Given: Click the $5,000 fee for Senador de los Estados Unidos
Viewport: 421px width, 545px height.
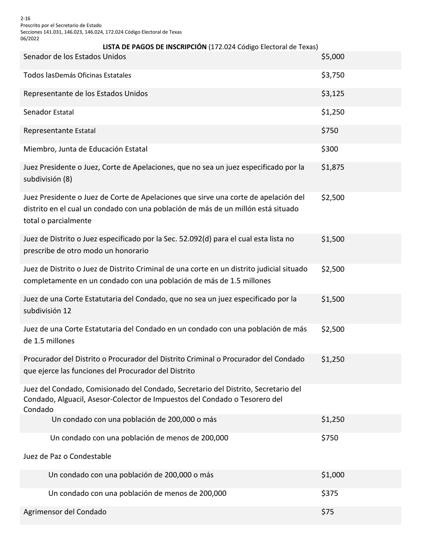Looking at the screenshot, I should coord(333,57).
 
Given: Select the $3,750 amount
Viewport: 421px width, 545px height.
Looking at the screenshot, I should coord(333,75).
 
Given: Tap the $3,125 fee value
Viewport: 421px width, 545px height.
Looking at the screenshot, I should coord(333,93).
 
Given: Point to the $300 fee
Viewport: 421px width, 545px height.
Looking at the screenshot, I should coord(330,149).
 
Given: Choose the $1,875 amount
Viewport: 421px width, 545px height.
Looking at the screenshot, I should coord(333,167).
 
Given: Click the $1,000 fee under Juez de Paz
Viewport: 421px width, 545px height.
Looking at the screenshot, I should coord(333,475).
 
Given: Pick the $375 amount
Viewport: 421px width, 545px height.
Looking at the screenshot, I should coord(330,493).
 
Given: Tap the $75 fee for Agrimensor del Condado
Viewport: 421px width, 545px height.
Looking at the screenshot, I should coord(328,512).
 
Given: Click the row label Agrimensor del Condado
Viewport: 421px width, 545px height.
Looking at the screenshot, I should coord(65,512).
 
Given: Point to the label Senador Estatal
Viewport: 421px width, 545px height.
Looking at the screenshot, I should coord(49,112).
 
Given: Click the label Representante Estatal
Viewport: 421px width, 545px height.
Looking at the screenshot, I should coord(59,131).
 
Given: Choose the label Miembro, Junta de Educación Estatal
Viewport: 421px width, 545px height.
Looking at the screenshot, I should coord(86,149).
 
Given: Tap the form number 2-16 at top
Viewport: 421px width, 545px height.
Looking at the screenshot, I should coord(25,19).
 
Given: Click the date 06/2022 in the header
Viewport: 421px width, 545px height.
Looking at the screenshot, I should coord(30,39).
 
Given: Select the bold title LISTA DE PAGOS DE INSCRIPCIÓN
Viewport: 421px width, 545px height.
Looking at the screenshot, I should coord(155,47).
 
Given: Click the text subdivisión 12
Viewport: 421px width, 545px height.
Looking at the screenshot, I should coord(47,311).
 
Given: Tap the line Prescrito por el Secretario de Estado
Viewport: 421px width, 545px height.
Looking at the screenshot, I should coord(61,25).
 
